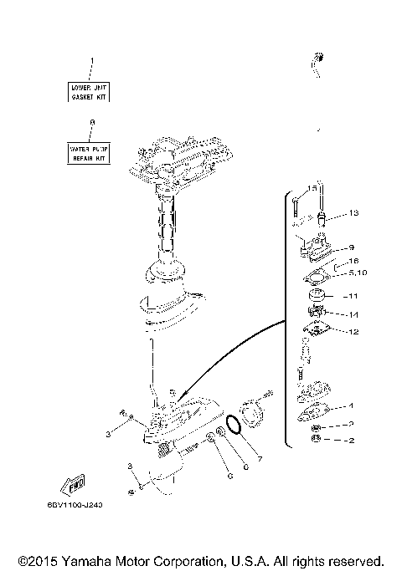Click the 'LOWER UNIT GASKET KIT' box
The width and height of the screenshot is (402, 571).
click(x=90, y=91)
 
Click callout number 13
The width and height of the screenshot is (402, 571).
click(x=353, y=214)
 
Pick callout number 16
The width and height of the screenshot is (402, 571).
click(x=353, y=261)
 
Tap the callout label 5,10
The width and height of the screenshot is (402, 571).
click(x=357, y=273)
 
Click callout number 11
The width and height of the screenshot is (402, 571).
click(x=353, y=296)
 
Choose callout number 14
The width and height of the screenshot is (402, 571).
click(x=353, y=314)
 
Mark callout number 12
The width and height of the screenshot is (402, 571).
click(x=353, y=332)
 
